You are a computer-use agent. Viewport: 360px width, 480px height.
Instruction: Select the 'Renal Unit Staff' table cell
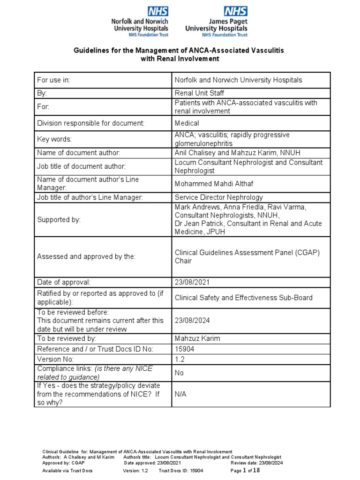click(x=199, y=93)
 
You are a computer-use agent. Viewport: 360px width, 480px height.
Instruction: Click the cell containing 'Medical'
click(x=187, y=123)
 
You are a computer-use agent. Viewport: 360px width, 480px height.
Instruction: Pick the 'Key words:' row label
click(x=55, y=139)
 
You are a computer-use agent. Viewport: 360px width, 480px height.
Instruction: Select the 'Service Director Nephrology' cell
click(x=218, y=197)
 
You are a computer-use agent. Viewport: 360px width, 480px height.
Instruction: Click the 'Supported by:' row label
click(x=59, y=219)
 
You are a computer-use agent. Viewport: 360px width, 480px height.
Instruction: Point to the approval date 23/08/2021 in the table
click(x=191, y=282)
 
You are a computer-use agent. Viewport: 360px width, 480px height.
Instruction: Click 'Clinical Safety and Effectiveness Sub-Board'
click(x=243, y=297)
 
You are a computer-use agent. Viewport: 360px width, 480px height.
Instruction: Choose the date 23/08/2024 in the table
click(x=191, y=321)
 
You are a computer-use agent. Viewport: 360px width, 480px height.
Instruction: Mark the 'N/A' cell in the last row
click(x=180, y=394)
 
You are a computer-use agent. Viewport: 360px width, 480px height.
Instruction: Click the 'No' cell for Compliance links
click(x=180, y=373)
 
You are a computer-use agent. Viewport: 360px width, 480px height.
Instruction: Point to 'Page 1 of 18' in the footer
click(x=245, y=470)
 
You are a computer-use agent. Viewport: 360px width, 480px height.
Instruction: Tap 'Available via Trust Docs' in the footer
click(x=67, y=470)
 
